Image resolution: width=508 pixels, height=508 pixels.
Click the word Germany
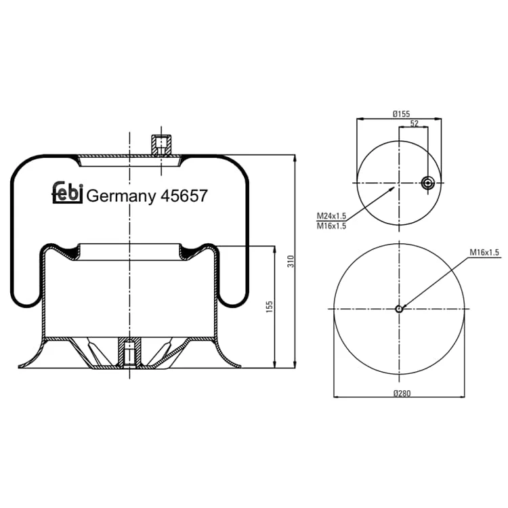121,196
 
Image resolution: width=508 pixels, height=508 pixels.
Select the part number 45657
184,196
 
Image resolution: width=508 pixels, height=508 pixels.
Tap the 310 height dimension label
291,261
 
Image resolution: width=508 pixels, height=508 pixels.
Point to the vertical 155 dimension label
269,307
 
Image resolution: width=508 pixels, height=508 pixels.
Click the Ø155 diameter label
401,114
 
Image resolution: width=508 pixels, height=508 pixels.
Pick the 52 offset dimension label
415,123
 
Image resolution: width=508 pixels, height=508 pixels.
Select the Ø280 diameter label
402,394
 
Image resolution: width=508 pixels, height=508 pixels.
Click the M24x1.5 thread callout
331,216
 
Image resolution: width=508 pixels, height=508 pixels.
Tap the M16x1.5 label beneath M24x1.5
331,226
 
